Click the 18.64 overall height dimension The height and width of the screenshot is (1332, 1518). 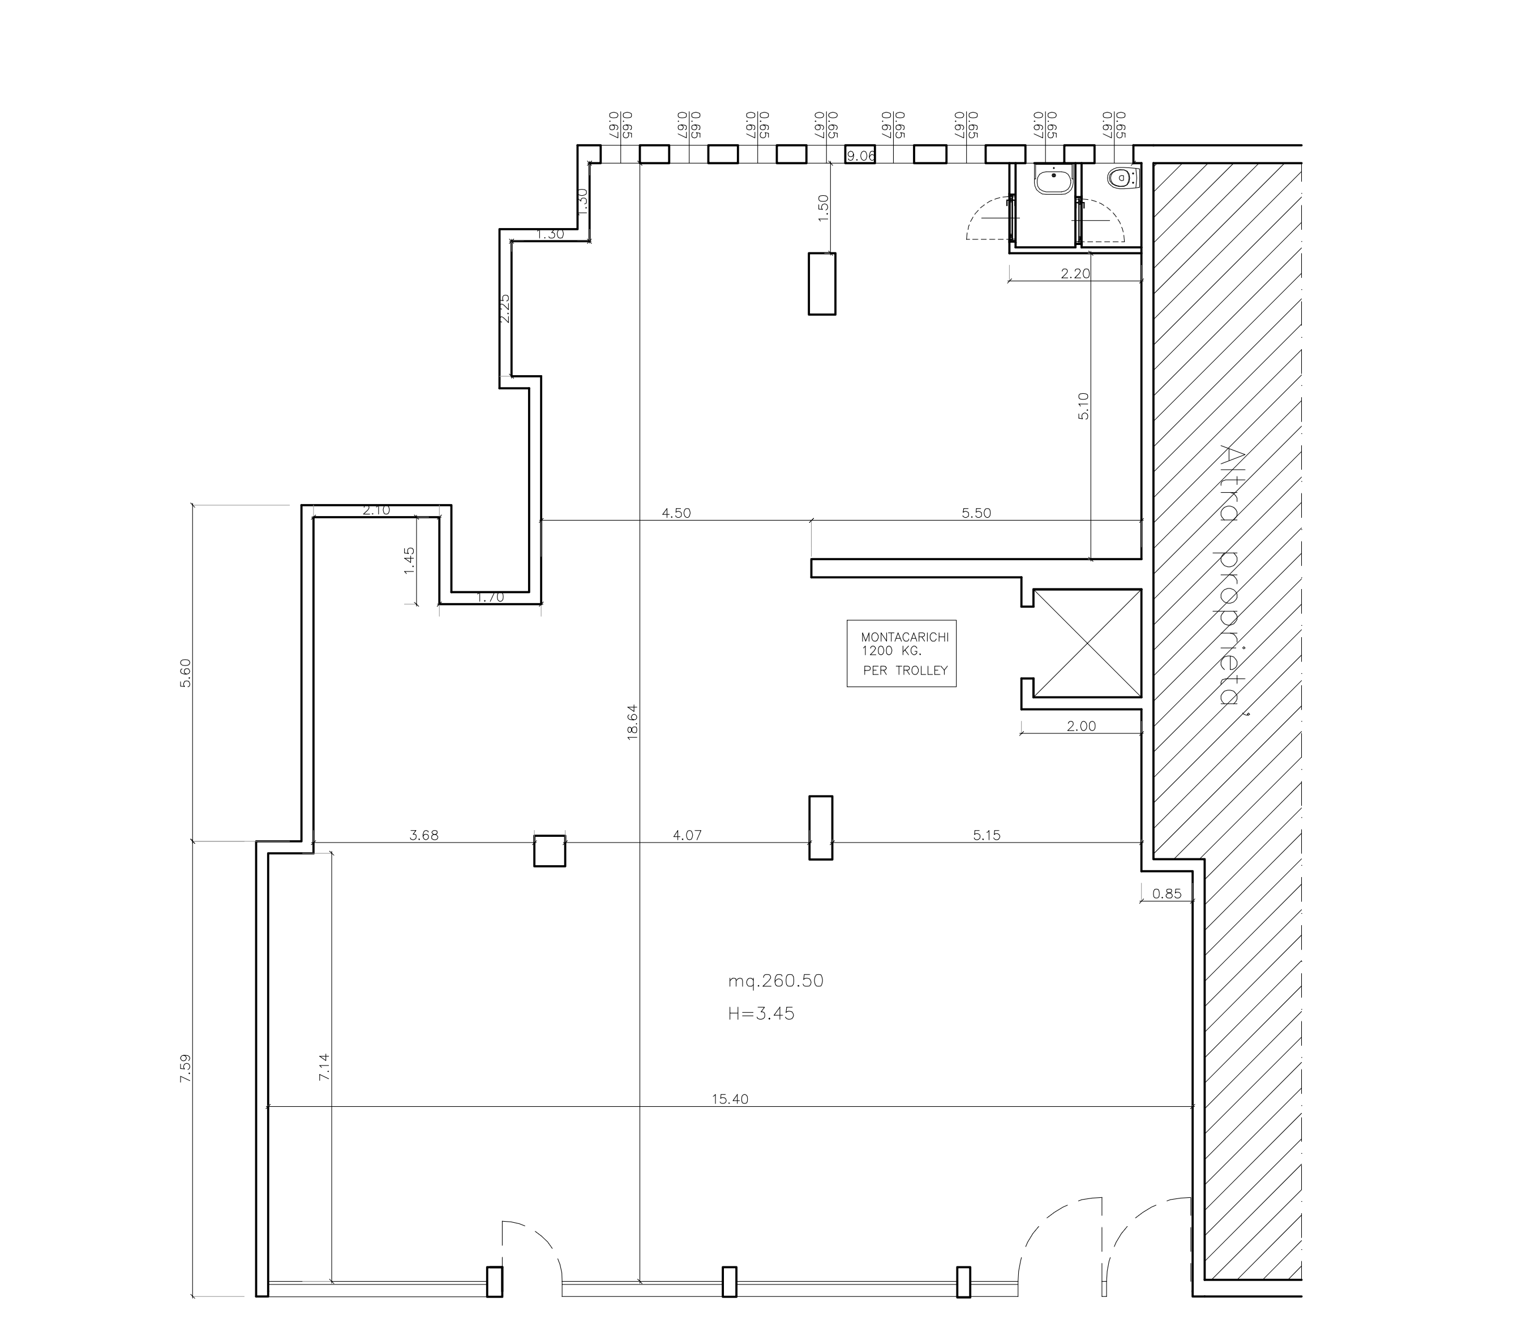click(x=633, y=723)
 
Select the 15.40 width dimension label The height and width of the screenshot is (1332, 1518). click(x=730, y=1099)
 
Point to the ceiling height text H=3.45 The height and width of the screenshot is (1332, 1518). click(x=761, y=1013)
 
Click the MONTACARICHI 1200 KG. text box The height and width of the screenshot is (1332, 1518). click(x=902, y=654)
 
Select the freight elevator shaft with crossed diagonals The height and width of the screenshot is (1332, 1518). click(x=1087, y=644)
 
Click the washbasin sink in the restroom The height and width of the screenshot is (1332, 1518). click(x=1054, y=181)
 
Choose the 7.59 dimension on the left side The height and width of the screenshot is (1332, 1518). click(x=186, y=1068)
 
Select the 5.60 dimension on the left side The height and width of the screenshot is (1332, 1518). click(x=186, y=673)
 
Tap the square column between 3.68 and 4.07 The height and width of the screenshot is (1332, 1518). click(x=550, y=851)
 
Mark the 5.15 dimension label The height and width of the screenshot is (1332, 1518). click(x=987, y=835)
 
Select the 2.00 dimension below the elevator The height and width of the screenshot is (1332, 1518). click(x=1081, y=726)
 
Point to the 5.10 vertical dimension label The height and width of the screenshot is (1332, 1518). click(x=1083, y=406)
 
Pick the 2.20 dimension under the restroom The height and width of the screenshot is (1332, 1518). click(x=1075, y=273)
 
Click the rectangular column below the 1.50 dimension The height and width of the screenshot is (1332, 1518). click(x=822, y=283)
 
